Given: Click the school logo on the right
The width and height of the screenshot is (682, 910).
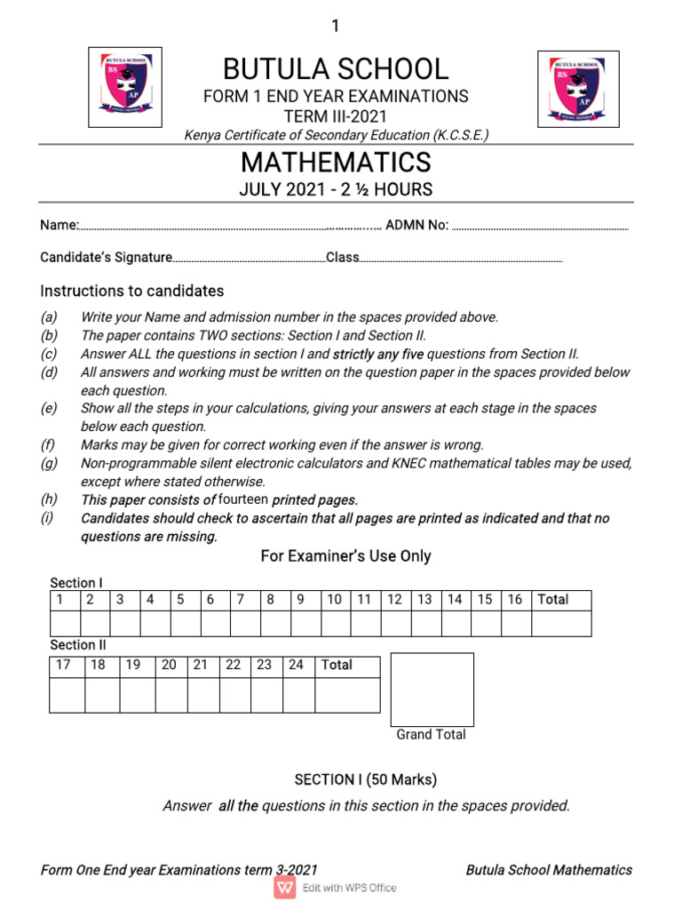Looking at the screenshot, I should pyautogui.click(x=578, y=89).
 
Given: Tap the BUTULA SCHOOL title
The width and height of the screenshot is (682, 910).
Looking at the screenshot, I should pyautogui.click(x=336, y=69).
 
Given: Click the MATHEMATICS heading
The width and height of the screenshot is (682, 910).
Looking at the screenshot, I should pyautogui.click(x=336, y=163).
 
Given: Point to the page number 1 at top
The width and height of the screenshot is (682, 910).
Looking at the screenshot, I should pyautogui.click(x=336, y=27).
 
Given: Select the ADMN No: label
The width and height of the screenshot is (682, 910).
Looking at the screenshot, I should pyautogui.click(x=416, y=226).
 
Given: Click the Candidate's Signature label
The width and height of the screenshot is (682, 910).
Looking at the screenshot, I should pyautogui.click(x=106, y=258).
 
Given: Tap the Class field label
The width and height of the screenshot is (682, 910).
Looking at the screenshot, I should pyautogui.click(x=343, y=258).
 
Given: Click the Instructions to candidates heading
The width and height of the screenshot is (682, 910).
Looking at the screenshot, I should pyautogui.click(x=131, y=291).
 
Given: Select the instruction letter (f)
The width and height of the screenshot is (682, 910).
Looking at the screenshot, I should pyautogui.click(x=48, y=445).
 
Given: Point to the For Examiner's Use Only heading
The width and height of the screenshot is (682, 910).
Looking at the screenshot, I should pyautogui.click(x=345, y=556).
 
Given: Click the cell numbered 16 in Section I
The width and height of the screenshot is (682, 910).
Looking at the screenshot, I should pyautogui.click(x=515, y=600).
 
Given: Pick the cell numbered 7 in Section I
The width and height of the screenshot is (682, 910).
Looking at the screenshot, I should pyautogui.click(x=240, y=600).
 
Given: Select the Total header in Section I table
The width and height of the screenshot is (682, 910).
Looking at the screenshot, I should pyautogui.click(x=552, y=600).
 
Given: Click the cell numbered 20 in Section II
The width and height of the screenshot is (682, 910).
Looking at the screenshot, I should pyautogui.click(x=169, y=665).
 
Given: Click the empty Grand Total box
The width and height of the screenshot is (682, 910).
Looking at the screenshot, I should pyautogui.click(x=432, y=689).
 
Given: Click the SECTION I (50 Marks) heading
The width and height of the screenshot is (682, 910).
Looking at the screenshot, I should pyautogui.click(x=366, y=779).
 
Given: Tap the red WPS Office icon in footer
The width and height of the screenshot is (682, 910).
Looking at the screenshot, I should pyautogui.click(x=285, y=888).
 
